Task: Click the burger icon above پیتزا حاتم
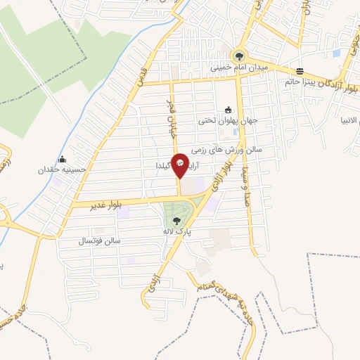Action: [300, 71]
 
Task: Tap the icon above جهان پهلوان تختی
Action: [227, 110]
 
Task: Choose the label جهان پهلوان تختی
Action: [227, 120]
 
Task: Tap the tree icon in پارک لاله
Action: [176, 221]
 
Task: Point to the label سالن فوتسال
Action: [101, 241]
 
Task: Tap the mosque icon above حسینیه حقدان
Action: [63, 159]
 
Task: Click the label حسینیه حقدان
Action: [63, 169]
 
